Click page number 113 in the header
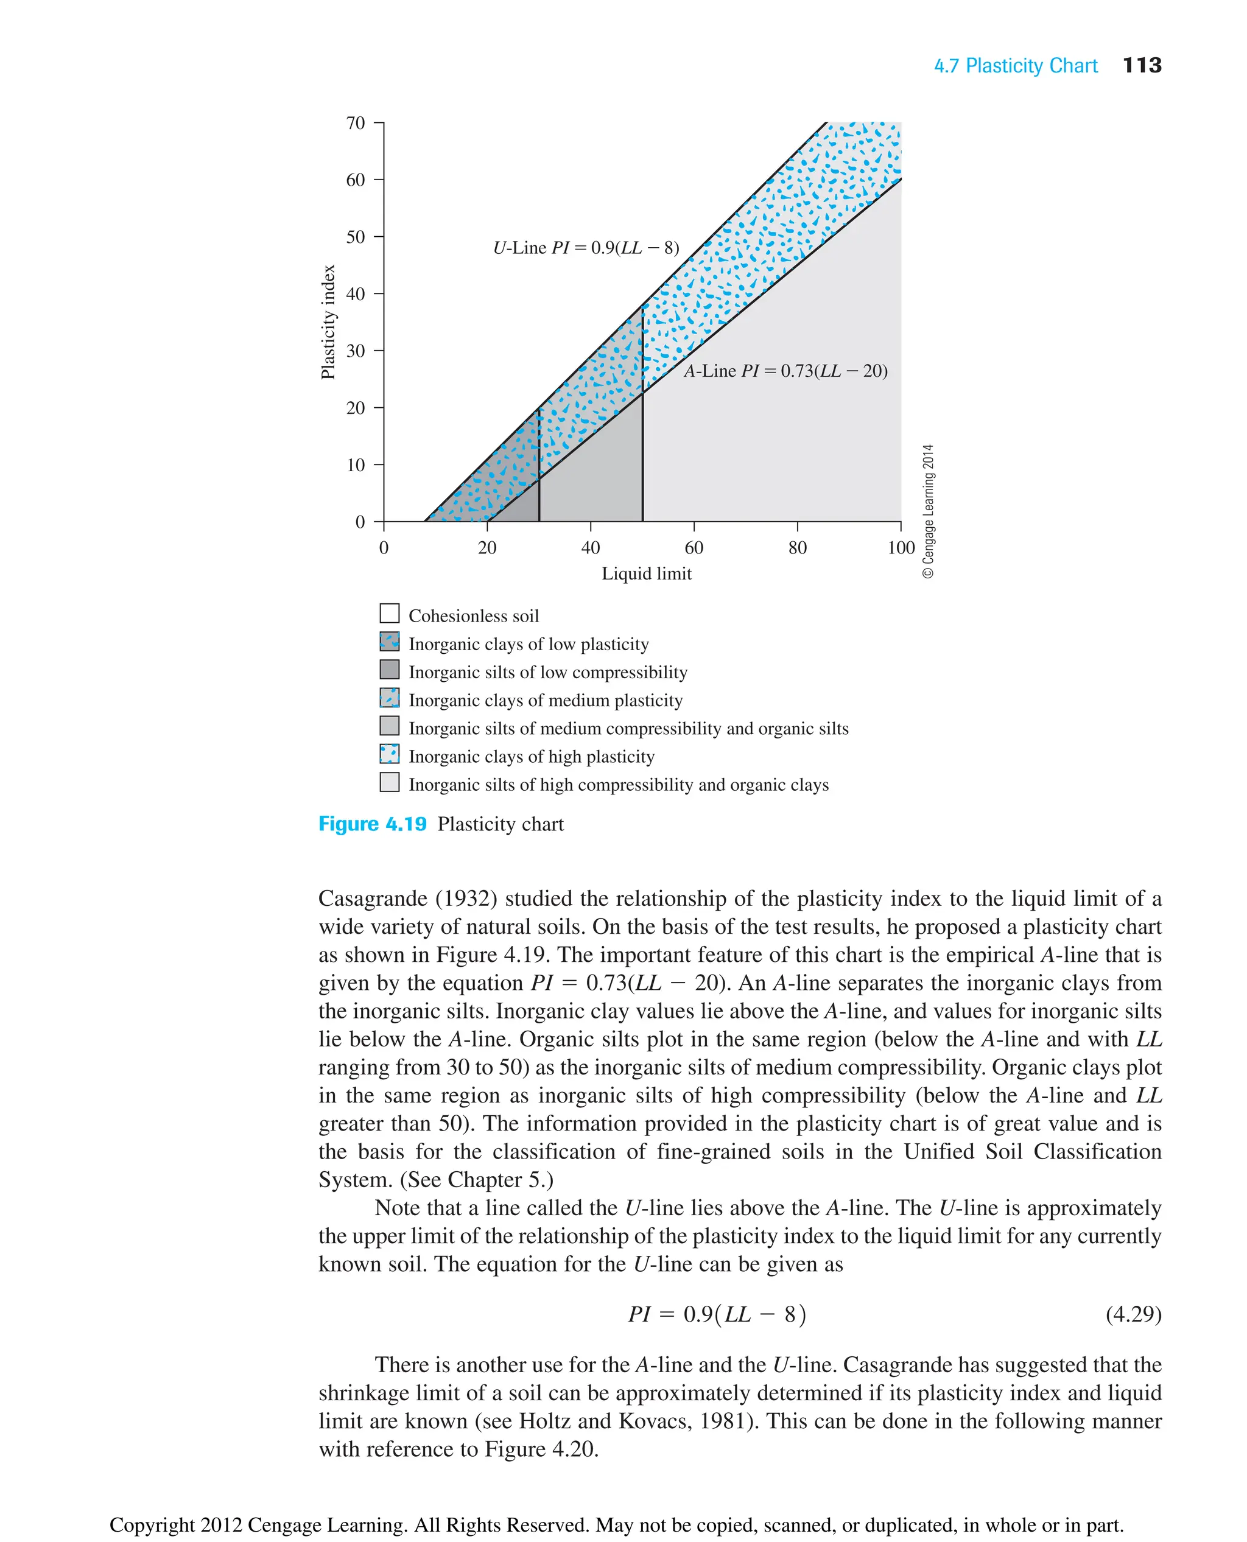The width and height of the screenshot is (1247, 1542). tap(1142, 65)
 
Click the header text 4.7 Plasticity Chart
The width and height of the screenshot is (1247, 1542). tap(1015, 66)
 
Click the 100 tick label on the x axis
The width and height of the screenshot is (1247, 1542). tap(900, 548)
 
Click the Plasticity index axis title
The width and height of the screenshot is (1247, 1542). tap(328, 322)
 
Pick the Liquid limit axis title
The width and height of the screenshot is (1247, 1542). tap(646, 574)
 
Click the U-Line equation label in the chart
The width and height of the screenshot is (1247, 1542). tap(585, 248)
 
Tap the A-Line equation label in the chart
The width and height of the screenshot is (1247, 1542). tap(785, 371)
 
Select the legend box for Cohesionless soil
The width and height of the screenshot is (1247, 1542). tap(389, 614)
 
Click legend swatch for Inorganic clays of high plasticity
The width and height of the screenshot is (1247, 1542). tap(389, 754)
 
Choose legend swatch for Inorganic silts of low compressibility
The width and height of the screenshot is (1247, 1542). tap(389, 670)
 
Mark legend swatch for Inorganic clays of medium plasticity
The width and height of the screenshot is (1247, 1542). tap(389, 698)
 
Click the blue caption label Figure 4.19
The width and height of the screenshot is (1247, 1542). tap(372, 824)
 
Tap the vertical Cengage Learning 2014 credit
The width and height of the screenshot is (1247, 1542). tap(928, 511)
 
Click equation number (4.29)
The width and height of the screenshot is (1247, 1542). tap(1133, 1314)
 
